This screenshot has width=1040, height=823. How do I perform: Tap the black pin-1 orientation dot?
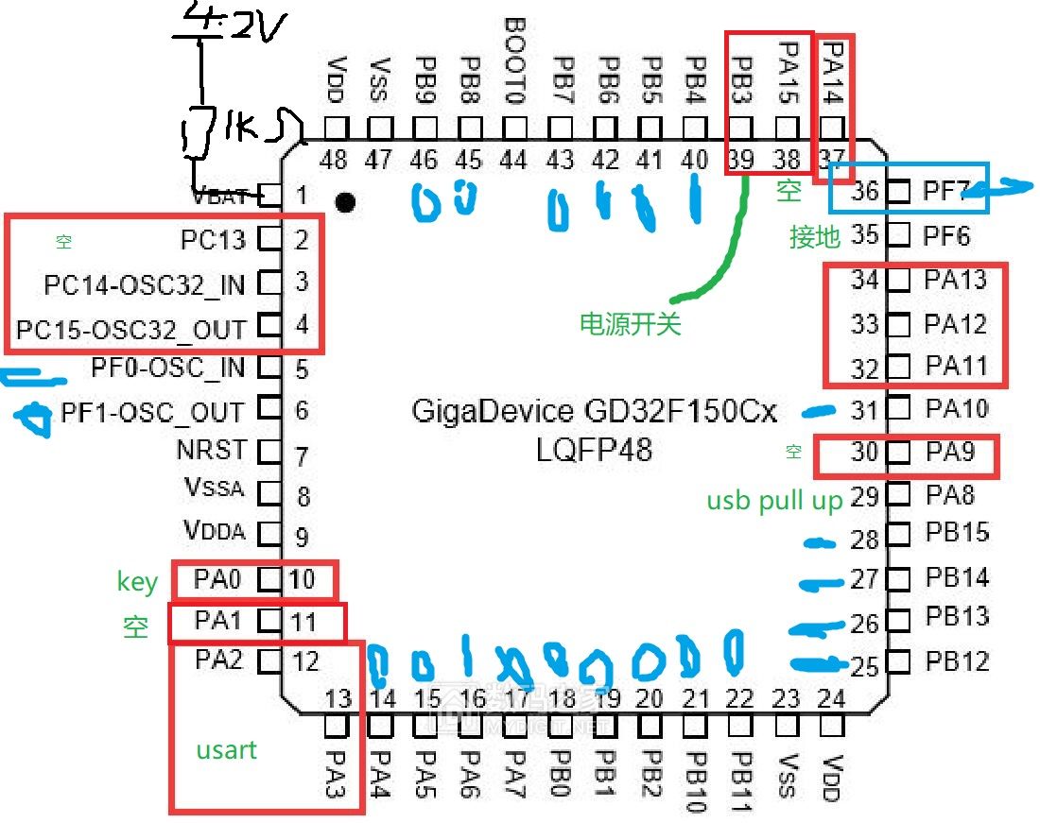(x=346, y=201)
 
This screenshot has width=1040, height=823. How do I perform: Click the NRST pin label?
(x=211, y=450)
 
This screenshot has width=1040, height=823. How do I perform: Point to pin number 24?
(x=831, y=699)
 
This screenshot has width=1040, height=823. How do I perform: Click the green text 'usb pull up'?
(x=774, y=501)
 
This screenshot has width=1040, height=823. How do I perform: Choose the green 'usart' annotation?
(x=227, y=750)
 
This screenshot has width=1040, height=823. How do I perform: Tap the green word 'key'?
(x=137, y=581)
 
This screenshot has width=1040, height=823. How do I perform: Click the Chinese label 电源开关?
(x=630, y=324)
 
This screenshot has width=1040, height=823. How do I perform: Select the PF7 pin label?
(x=946, y=192)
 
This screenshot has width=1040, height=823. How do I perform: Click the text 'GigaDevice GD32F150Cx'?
(x=594, y=413)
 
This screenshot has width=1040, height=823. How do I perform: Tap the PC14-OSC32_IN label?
(x=144, y=283)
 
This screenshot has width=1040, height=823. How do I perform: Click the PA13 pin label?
(x=956, y=280)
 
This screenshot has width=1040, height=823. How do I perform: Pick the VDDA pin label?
(x=215, y=532)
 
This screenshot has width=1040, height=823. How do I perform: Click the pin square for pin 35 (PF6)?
(x=898, y=233)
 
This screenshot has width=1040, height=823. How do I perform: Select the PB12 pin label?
(x=957, y=660)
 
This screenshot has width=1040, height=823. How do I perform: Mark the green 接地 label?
(x=815, y=236)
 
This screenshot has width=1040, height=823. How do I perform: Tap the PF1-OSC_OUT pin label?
(x=151, y=413)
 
